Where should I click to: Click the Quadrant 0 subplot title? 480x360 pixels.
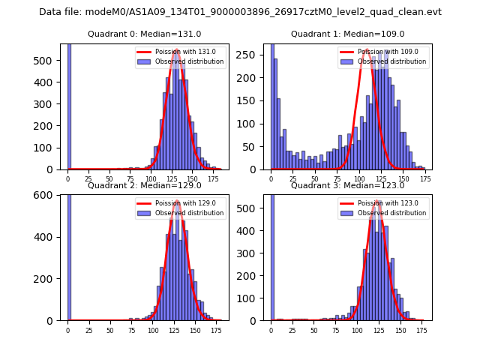(x=144, y=34)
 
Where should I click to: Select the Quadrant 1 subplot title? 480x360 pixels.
(x=347, y=34)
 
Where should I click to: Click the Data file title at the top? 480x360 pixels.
(x=240, y=12)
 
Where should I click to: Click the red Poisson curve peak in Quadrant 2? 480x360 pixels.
(x=177, y=202)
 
